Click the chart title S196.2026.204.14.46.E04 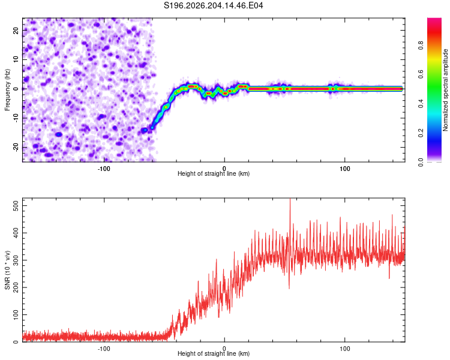pyautogui.click(x=213, y=5)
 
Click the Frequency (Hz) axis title pyautogui.click(x=7, y=90)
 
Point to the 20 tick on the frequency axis pyautogui.click(x=16, y=30)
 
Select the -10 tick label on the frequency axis pyautogui.click(x=16, y=118)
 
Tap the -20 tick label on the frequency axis pyautogui.click(x=16, y=147)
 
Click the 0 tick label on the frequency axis pyautogui.click(x=16, y=89)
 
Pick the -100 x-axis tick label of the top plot pyautogui.click(x=104, y=169)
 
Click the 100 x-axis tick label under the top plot pyautogui.click(x=344, y=169)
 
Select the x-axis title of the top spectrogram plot pyautogui.click(x=214, y=173)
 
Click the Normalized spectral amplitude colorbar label pyautogui.click(x=445, y=90)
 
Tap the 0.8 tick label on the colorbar pyautogui.click(x=421, y=46)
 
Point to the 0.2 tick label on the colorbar pyautogui.click(x=421, y=133)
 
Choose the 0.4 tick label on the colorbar pyautogui.click(x=421, y=104)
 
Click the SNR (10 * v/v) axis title pyautogui.click(x=7, y=270)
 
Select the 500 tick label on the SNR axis pyautogui.click(x=16, y=206)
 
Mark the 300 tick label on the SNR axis pyautogui.click(x=16, y=260)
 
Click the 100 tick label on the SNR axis pyautogui.click(x=16, y=314)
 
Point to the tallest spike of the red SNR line pyautogui.click(x=290, y=199)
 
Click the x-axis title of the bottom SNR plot pyautogui.click(x=214, y=353)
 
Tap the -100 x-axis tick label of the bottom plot pyautogui.click(x=104, y=349)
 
